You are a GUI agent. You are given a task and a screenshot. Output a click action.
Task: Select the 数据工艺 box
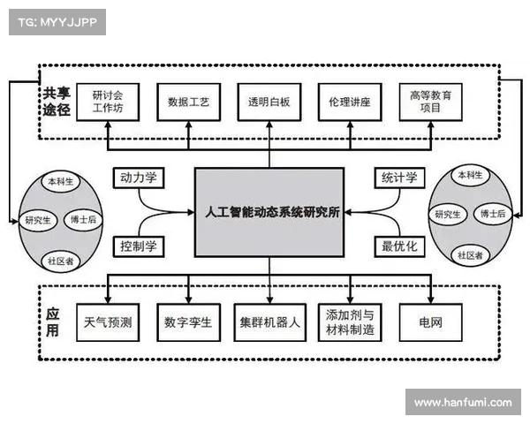coord(188,102)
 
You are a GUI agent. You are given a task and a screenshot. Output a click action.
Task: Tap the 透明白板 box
coord(269,102)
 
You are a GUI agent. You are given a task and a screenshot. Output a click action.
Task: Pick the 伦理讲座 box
coord(349,102)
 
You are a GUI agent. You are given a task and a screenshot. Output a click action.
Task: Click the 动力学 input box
coord(139,178)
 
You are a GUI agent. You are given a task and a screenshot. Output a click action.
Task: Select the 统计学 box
coord(397,178)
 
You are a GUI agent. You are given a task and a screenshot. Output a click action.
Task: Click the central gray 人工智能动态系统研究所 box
coord(269,213)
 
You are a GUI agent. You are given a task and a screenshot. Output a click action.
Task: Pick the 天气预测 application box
coord(109,322)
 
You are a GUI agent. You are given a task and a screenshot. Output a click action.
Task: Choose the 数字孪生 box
coord(188,322)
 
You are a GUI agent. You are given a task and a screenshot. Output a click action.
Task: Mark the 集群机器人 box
coord(269,322)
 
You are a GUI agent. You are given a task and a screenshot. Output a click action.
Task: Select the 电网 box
coord(430,322)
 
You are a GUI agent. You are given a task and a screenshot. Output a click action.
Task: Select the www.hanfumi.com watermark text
coord(462,402)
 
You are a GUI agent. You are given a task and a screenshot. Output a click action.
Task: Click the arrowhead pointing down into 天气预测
coord(109,299)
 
